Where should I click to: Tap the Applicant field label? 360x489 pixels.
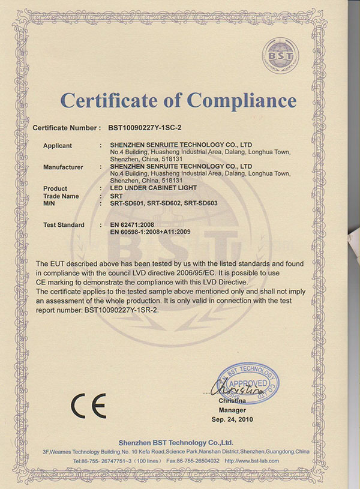(58, 146)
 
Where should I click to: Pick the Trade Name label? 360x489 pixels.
(61, 196)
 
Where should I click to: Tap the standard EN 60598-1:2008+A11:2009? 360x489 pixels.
(154, 232)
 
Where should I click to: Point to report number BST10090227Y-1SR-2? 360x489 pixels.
(118, 310)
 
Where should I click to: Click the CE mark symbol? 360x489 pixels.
(89, 406)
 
